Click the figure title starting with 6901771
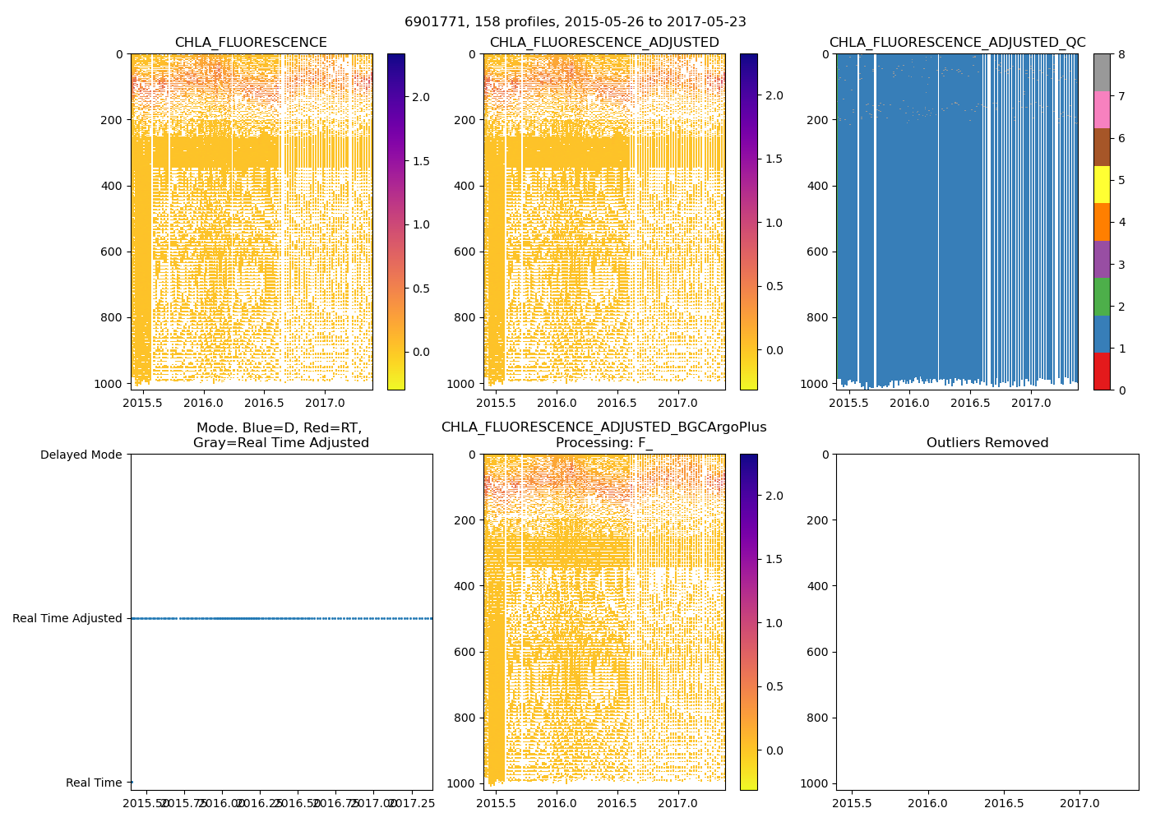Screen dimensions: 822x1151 coord(575,22)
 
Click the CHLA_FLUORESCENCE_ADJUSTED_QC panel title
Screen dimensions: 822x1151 coord(957,43)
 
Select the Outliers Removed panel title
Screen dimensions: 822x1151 coord(987,443)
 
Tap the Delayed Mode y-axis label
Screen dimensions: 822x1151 coord(81,455)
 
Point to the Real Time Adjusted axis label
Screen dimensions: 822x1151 coord(67,618)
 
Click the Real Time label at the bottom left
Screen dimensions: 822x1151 coord(94,783)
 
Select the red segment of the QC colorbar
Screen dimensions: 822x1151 coord(1102,371)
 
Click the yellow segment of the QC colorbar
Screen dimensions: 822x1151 coord(1102,184)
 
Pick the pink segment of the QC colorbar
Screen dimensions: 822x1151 coord(1102,109)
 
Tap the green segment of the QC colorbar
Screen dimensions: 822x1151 coord(1102,296)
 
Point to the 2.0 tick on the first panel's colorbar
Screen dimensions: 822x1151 coord(421,97)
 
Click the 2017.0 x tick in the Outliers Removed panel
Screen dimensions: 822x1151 coord(1079,802)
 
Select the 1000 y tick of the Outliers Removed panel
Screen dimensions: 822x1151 coord(813,783)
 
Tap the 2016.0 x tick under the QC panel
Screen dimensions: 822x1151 coord(908,404)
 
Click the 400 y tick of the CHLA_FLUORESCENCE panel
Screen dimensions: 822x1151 coord(113,186)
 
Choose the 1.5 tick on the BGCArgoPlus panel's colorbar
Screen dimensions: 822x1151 coord(774,559)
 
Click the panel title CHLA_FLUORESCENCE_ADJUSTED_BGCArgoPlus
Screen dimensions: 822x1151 coord(603,427)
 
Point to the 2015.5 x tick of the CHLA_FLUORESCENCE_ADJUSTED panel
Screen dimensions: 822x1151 coord(496,404)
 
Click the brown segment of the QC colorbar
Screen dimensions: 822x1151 coord(1102,147)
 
